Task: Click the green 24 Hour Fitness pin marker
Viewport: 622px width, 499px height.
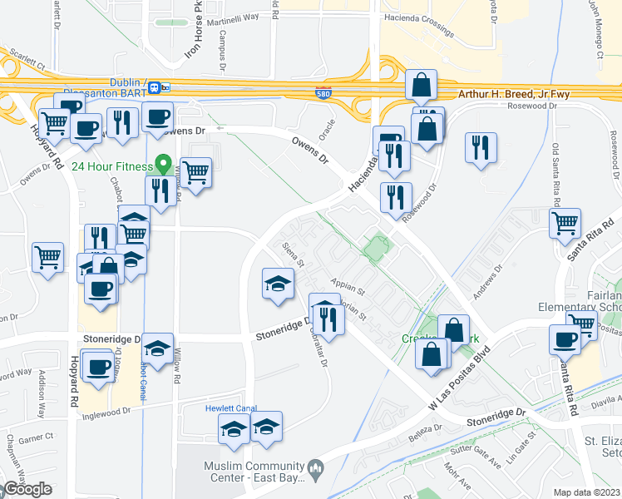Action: pyautogui.click(x=165, y=165)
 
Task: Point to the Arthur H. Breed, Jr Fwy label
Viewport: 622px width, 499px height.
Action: pyautogui.click(x=514, y=94)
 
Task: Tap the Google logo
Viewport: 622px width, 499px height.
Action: pyautogui.click(x=27, y=489)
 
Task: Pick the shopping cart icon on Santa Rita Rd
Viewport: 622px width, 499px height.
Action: pyautogui.click(x=565, y=222)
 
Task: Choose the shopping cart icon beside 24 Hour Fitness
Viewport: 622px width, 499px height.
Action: pyautogui.click(x=195, y=173)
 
